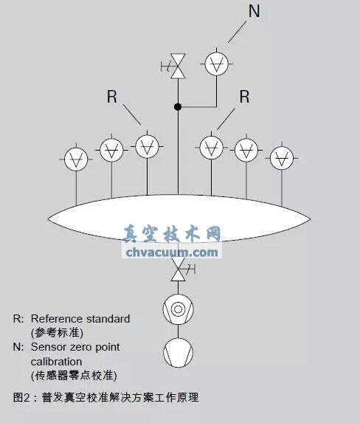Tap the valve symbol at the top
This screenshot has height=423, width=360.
(x=177, y=66)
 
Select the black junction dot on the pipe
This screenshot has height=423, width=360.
(x=177, y=107)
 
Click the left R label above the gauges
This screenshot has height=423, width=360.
(x=112, y=96)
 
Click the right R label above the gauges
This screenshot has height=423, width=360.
(x=244, y=96)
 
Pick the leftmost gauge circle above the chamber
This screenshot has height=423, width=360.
(x=77, y=159)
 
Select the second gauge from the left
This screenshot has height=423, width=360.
(x=111, y=150)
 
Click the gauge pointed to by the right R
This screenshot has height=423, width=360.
(x=212, y=144)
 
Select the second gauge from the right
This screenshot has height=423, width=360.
(x=246, y=150)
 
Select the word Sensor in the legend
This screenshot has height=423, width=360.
(x=48, y=346)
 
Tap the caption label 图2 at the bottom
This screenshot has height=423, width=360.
(x=21, y=397)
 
